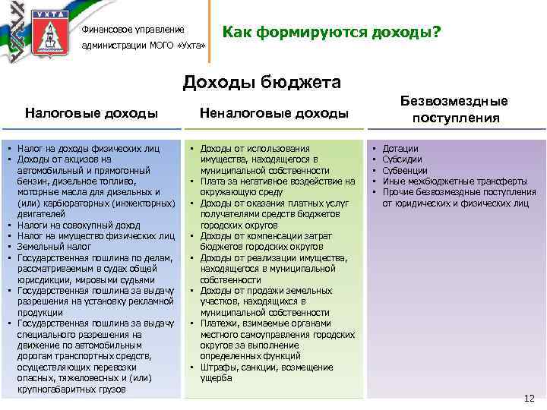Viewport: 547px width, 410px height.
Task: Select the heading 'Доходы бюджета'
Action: point(261,81)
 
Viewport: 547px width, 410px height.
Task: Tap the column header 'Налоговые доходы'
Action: point(91,113)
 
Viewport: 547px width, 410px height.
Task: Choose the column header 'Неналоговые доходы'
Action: point(273,113)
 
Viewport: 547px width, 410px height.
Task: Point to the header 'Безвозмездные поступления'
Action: point(456,109)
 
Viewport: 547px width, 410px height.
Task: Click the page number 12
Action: point(530,398)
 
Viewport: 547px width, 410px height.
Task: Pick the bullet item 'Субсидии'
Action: point(403,159)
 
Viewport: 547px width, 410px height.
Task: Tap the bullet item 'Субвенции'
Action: point(405,171)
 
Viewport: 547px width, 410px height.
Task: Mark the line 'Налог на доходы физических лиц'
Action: point(89,149)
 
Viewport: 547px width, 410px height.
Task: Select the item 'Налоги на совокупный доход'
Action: point(79,225)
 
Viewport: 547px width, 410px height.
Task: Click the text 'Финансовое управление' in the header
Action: point(133,30)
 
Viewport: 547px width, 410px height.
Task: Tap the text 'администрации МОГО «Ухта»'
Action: point(144,46)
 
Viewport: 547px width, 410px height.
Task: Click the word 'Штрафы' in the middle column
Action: point(222,367)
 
